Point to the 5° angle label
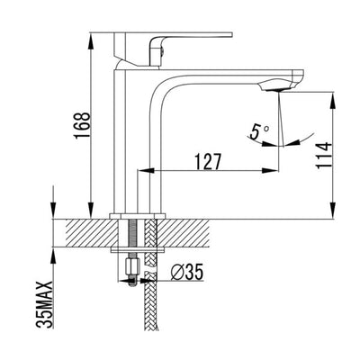tap(260, 132)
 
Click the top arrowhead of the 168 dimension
tap(93, 39)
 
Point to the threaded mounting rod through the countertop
tap(135, 238)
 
